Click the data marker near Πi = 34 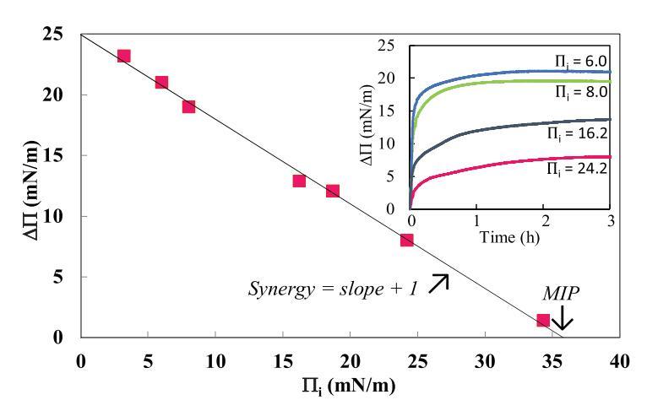point(543,320)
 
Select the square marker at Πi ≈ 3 point(124,56)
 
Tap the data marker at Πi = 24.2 point(406,240)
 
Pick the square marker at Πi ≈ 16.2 point(299,181)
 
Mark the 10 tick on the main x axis point(215,359)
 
